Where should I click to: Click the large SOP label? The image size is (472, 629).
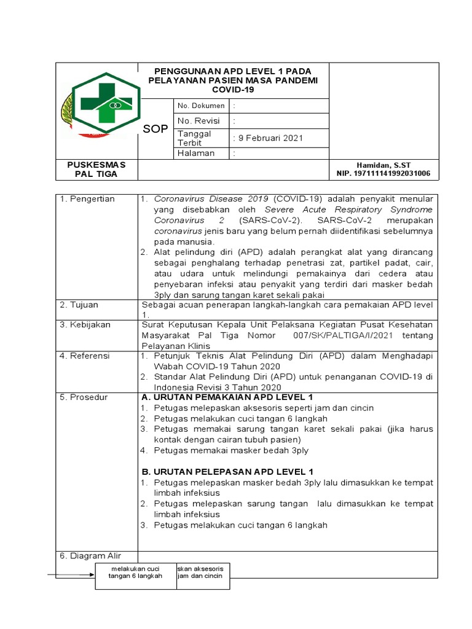click(x=155, y=129)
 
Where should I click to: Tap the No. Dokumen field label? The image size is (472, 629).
click(x=201, y=106)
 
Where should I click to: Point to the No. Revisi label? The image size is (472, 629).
click(x=199, y=121)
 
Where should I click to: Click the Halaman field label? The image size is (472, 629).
click(x=196, y=154)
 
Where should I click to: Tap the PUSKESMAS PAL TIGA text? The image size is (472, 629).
click(x=96, y=170)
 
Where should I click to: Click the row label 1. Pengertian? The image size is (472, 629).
click(x=87, y=199)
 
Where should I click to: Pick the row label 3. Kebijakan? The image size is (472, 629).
click(x=85, y=324)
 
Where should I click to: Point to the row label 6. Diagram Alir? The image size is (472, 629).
click(x=90, y=556)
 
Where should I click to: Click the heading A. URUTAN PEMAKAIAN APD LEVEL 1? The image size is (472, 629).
click(x=227, y=397)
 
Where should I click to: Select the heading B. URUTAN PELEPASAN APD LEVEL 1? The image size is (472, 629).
click(x=227, y=471)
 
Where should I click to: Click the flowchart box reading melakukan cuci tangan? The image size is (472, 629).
click(x=135, y=572)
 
